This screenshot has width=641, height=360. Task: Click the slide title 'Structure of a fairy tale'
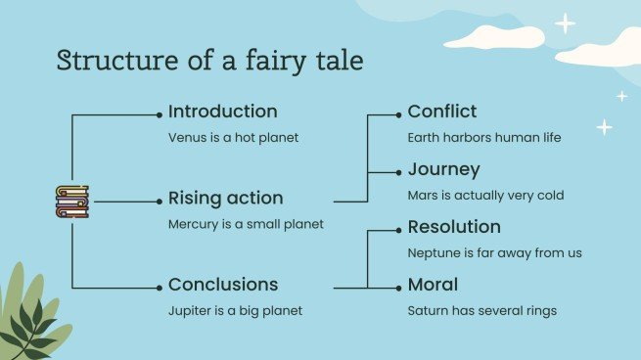tap(210, 61)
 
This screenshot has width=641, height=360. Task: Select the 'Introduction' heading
tap(222, 112)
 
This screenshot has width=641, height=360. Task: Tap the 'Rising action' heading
tap(225, 198)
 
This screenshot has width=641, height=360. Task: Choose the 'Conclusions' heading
tap(223, 285)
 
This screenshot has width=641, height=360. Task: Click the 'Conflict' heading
tap(442, 112)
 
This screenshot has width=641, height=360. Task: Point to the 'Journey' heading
tap(443, 169)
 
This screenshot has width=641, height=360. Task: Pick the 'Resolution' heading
tap(454, 227)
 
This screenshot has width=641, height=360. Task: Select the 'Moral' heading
tap(433, 285)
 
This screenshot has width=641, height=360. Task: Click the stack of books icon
tap(71, 202)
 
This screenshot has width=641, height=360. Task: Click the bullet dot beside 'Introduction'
tap(159, 113)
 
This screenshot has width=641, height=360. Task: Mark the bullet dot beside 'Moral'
tap(398, 288)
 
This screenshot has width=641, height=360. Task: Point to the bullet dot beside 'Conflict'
tap(398, 114)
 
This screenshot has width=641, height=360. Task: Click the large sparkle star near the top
tap(565, 23)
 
